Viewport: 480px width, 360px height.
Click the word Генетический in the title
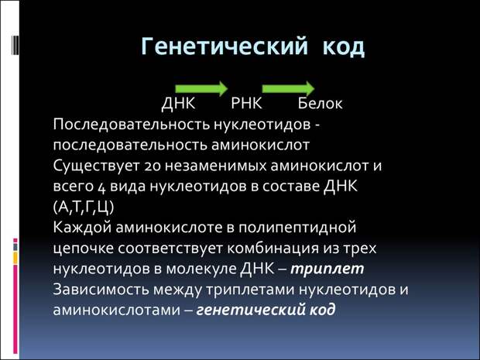point(225,46)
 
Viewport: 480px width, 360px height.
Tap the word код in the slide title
point(344,47)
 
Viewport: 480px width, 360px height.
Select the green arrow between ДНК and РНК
point(201,89)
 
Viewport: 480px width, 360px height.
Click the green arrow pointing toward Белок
point(288,89)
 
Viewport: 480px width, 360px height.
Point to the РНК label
point(246,103)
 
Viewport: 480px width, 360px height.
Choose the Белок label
point(320,103)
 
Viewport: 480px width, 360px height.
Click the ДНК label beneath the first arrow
point(178,104)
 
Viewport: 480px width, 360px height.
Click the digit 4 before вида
point(101,187)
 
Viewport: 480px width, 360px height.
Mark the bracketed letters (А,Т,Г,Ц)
point(84,207)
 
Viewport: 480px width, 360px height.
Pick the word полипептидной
point(297,228)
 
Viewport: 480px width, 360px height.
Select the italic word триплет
point(327,269)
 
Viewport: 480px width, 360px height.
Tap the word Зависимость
point(101,290)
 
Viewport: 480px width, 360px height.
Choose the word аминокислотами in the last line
point(117,310)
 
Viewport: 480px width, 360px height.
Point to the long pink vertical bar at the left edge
point(15,309)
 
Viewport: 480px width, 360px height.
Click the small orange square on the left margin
point(15,258)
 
